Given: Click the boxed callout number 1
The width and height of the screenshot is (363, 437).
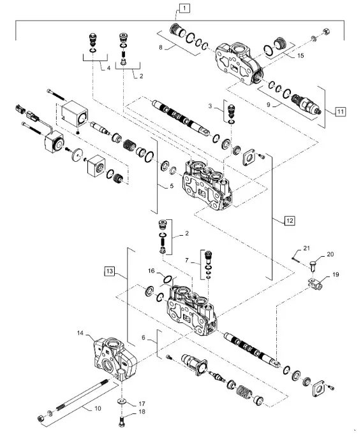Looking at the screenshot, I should [183, 8].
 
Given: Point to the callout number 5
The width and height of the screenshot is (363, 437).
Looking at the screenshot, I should [170, 187].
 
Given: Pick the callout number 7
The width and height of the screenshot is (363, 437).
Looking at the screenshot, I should [187, 261].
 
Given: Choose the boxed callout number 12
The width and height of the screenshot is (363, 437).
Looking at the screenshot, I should [290, 220].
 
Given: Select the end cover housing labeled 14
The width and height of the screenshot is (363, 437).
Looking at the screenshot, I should [115, 357].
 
